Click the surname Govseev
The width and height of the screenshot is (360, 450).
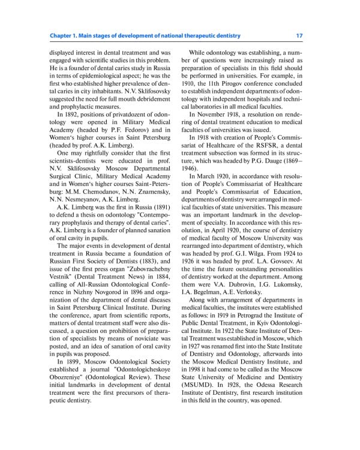point(286,262)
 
